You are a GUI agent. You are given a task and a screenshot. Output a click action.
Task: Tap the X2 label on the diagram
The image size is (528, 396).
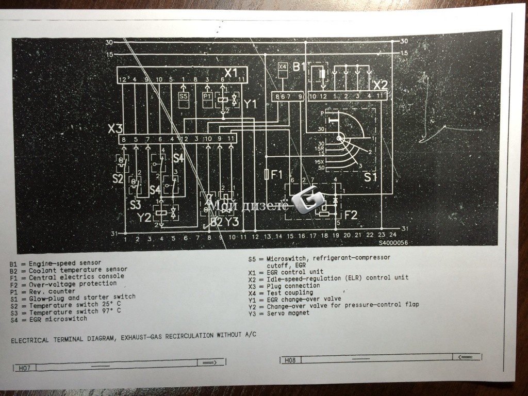tap(380, 85)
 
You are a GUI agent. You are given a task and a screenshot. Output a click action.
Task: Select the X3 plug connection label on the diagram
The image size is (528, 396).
tap(115, 129)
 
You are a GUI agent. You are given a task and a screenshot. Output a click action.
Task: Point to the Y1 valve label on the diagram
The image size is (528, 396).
tap(250, 104)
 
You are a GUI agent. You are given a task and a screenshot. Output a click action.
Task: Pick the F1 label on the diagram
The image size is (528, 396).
tap(277, 174)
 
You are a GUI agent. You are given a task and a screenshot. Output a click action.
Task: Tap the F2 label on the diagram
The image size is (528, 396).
tap(351, 214)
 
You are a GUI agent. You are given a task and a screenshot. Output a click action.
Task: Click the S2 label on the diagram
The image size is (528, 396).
tap(118, 179)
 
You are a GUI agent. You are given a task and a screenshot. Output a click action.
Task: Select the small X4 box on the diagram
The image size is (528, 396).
tap(282, 67)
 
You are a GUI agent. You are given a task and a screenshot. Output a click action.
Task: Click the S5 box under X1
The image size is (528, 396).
tap(184, 96)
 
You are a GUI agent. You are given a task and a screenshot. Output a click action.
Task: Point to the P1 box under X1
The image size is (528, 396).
tap(207, 96)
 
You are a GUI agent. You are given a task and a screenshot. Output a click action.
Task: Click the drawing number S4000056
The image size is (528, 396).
tap(393, 242)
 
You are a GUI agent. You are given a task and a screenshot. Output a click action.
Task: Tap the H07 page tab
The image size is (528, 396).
tap(24, 367)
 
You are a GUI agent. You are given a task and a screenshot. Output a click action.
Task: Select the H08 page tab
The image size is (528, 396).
tap(290, 360)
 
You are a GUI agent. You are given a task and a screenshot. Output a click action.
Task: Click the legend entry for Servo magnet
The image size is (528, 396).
tap(278, 312)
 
